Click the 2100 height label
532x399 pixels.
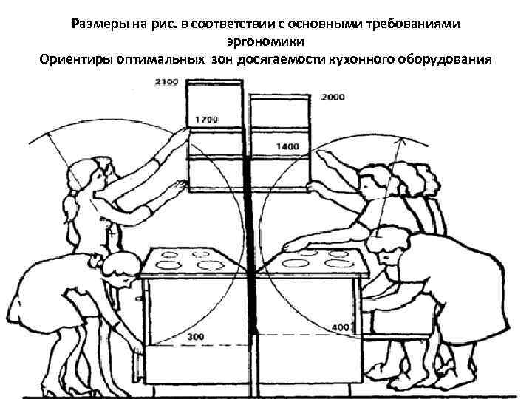pos(166,81)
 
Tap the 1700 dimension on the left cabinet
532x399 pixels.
pos(207,119)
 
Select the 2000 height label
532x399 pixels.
pos(335,98)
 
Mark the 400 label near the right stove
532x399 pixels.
pos(341,327)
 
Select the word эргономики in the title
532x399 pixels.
pos(265,41)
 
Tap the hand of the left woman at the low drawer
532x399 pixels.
pos(134,345)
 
